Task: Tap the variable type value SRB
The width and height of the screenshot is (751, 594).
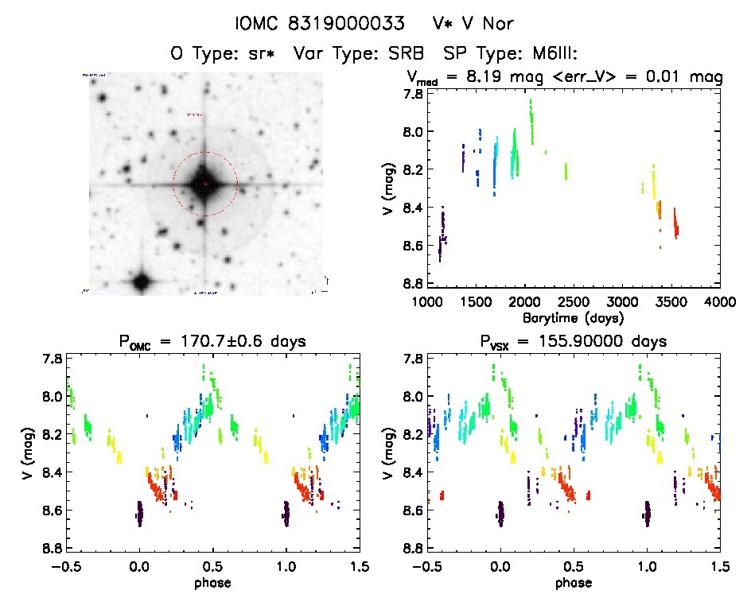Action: tap(418, 54)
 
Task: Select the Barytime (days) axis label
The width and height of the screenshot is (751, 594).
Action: tap(573, 317)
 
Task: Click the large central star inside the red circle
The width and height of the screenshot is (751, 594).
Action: tap(204, 183)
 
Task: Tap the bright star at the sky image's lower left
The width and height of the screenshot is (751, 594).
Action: tap(142, 281)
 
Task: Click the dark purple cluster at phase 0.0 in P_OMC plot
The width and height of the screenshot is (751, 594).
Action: tap(140, 513)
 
